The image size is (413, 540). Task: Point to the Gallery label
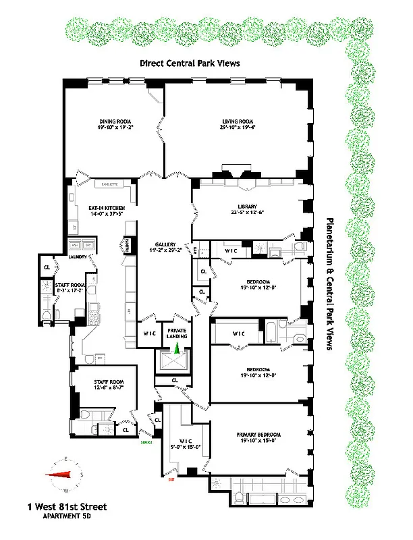165,244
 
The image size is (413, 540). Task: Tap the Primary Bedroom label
258,434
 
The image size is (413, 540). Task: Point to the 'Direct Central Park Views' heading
190,63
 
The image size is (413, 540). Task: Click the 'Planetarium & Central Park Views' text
331,283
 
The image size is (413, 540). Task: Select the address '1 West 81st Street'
67,506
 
